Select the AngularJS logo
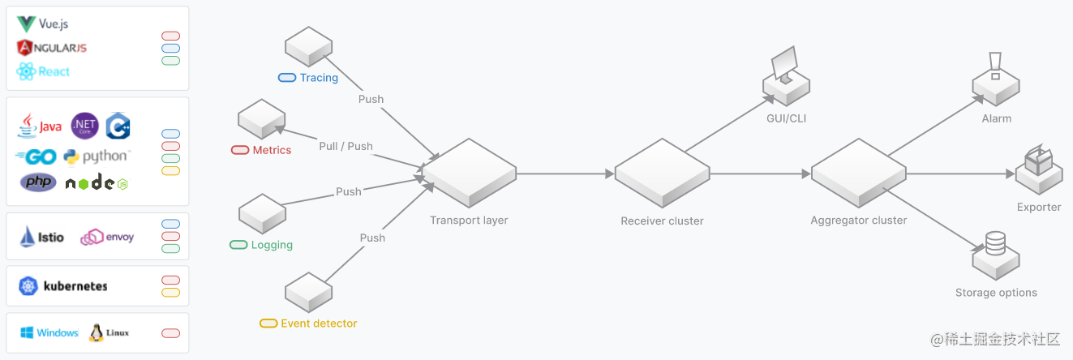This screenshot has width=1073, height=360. tap(51, 48)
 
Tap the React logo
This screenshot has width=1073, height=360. tap(43, 71)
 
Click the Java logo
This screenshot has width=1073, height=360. tap(39, 126)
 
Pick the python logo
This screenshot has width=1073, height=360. tap(96, 156)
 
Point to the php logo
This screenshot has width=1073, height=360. tap(38, 182)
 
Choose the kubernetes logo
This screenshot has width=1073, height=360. tap(64, 285)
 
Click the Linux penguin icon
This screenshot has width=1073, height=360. tap(97, 332)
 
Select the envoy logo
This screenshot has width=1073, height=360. tap(107, 237)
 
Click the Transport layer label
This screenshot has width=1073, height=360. tap(469, 221)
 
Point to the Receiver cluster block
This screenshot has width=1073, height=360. tap(662, 173)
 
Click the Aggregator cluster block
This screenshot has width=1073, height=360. tap(859, 173)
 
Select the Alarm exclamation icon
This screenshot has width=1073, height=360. tap(996, 63)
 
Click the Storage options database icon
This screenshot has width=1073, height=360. tap(995, 242)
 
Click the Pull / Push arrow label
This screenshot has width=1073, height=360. tap(346, 147)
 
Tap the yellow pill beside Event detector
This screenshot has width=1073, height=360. tap(268, 324)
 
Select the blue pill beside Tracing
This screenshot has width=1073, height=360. tap(287, 78)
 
